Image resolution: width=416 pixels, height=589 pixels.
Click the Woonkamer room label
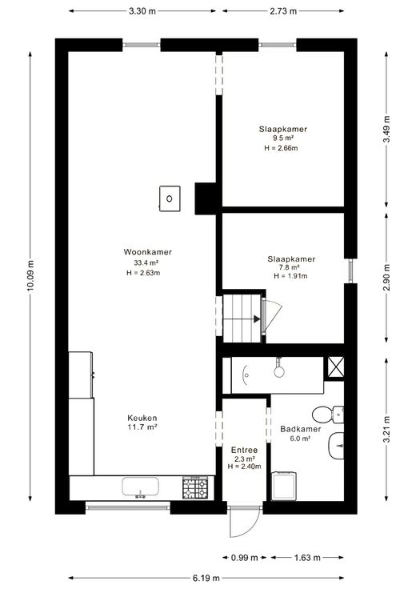[x=147, y=252]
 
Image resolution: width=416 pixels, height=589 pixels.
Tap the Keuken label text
[x=142, y=418]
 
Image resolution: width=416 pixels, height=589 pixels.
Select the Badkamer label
[x=300, y=429]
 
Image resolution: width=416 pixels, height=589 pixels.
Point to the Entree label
[x=245, y=450]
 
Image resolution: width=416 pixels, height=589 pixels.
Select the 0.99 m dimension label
[x=245, y=558]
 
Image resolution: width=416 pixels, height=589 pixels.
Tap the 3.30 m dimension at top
[x=142, y=11]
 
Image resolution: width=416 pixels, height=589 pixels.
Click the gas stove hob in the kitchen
[x=195, y=487]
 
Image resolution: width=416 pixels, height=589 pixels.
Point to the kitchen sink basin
[x=140, y=487]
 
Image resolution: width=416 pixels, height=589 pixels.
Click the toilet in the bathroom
[x=327, y=415]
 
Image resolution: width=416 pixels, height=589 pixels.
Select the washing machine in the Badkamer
[x=284, y=486]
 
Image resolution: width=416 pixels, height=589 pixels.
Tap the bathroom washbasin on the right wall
[x=337, y=446]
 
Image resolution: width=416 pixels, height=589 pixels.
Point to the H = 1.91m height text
[x=290, y=276]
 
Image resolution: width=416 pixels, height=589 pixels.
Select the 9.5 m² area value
[x=283, y=138]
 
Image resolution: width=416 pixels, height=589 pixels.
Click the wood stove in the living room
[x=170, y=198]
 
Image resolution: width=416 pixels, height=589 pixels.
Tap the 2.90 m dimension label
[x=386, y=278]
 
